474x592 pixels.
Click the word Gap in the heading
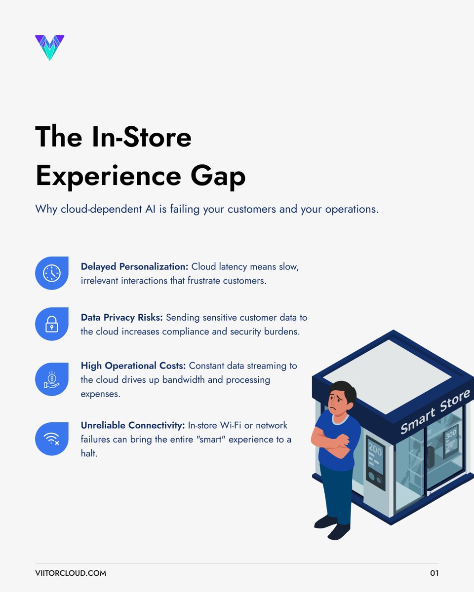218,177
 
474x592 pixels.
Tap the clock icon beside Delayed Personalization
52,273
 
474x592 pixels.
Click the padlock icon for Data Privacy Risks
52,324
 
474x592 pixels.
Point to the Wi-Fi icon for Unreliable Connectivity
52,439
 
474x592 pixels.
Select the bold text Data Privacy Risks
121,318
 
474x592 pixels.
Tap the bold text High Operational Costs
133,366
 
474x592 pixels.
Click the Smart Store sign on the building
434,412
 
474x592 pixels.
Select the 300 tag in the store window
451,436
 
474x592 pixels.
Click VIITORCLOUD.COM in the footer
71,573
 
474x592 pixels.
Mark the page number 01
434,573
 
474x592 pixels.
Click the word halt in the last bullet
89,453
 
